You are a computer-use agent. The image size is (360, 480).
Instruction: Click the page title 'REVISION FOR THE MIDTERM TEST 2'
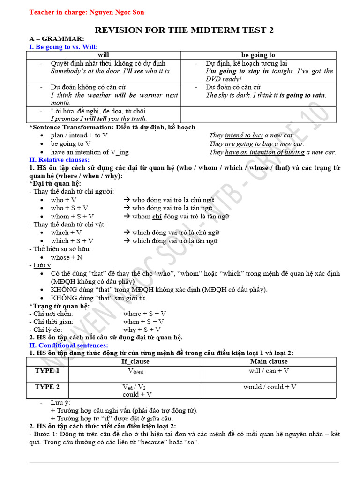pyautogui.click(x=184, y=30)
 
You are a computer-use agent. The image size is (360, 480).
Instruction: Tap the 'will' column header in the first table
pyautogui.click(x=103, y=55)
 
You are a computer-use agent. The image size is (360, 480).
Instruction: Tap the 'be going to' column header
pyautogui.click(x=258, y=55)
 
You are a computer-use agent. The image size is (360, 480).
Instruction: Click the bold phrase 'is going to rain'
pyautogui.click(x=302, y=95)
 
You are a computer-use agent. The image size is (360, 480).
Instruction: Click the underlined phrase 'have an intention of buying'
pyautogui.click(x=265, y=152)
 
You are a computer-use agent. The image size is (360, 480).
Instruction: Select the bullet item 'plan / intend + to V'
pyautogui.click(x=79, y=135)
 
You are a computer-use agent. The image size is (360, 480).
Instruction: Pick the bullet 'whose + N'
pyautogui.click(x=67, y=257)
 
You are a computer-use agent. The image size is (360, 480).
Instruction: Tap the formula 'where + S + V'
pyautogui.click(x=145, y=314)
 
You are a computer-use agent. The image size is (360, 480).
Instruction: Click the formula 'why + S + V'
pyautogui.click(x=142, y=330)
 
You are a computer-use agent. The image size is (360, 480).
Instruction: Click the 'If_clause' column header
pyautogui.click(x=135, y=361)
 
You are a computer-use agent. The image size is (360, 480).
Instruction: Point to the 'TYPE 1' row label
pyautogui.click(x=47, y=371)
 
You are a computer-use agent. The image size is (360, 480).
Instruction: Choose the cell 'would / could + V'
pyautogui.click(x=270, y=387)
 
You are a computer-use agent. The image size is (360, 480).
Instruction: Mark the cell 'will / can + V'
pyautogui.click(x=269, y=371)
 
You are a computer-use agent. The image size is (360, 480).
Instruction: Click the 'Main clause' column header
pyautogui.click(x=269, y=361)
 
